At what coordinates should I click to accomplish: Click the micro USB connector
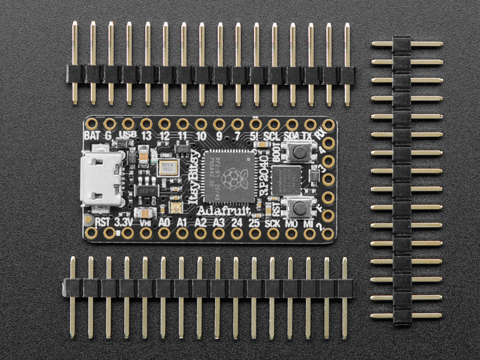tap(101, 179)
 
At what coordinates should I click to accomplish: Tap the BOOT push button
tap(298, 151)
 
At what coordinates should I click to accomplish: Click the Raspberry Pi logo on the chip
tap(231, 179)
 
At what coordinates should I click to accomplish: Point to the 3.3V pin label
tap(123, 222)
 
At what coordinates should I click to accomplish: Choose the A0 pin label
tap(164, 222)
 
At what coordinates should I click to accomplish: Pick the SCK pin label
tap(273, 222)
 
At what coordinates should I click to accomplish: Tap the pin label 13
tap(146, 135)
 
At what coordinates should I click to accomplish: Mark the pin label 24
tap(237, 222)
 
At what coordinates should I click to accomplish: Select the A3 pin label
tap(218, 222)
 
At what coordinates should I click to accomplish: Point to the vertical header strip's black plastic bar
tap(402, 180)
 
